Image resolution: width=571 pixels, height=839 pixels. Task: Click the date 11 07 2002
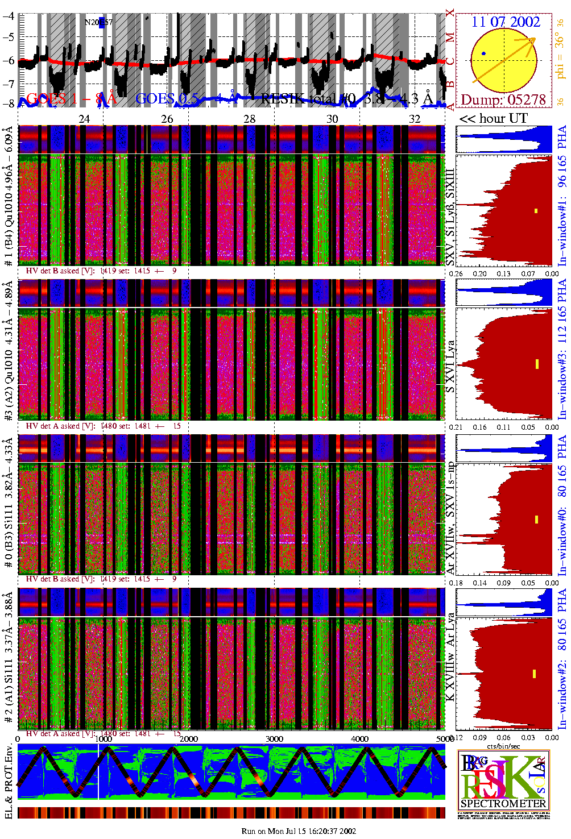click(505, 22)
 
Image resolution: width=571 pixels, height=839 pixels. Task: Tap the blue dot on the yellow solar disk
click(483, 53)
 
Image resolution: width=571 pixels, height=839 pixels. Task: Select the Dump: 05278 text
click(503, 100)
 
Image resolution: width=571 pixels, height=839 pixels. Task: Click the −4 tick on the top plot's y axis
click(9, 16)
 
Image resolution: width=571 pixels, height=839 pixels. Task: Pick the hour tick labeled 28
click(250, 119)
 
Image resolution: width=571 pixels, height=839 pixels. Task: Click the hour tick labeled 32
click(415, 119)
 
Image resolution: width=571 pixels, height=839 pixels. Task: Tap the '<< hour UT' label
click(494, 119)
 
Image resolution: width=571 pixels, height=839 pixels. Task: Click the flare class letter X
click(450, 13)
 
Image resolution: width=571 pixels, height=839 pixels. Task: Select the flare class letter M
click(450, 38)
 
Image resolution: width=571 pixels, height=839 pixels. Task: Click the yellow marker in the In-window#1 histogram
click(536, 211)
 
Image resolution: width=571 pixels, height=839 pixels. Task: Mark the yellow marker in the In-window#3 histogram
click(536, 364)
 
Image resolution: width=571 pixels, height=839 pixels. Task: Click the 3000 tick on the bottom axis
click(274, 739)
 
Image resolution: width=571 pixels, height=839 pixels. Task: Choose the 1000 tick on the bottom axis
click(104, 739)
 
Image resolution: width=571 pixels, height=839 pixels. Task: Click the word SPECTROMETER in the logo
click(503, 804)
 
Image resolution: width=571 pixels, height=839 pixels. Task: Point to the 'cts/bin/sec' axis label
click(503, 746)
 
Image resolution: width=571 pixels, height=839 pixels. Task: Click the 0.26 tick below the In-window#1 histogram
click(456, 273)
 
